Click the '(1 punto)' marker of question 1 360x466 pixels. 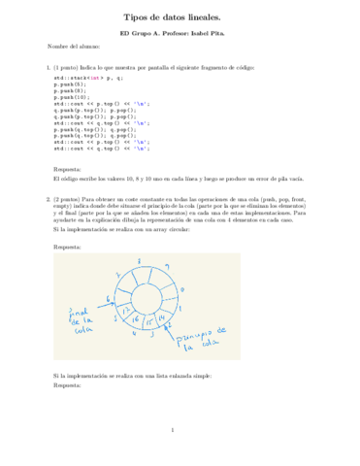(x=69, y=68)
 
